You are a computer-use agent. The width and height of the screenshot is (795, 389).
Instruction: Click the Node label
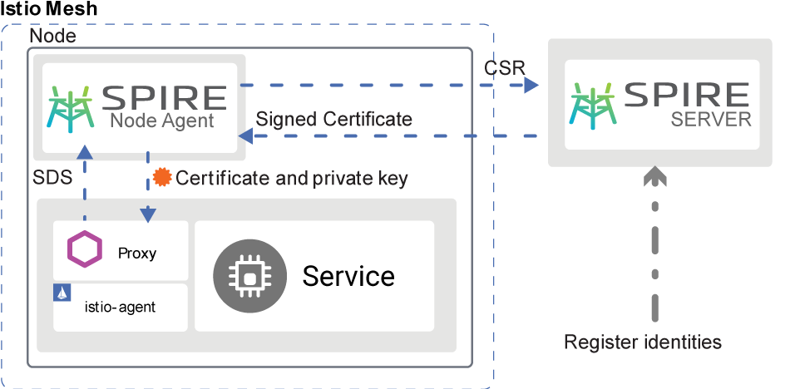point(52,37)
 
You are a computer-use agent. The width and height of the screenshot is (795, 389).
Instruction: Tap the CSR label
point(504,67)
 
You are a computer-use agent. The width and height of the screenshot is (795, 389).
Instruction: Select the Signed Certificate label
point(334,119)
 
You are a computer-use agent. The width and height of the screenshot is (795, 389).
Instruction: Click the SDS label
point(52,178)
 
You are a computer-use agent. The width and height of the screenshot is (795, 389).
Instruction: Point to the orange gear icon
point(163,177)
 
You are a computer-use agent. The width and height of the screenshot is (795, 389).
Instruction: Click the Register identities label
point(642,342)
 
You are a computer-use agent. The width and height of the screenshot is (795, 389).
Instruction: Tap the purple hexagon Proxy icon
point(84,249)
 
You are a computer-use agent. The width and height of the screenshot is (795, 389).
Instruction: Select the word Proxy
point(137,254)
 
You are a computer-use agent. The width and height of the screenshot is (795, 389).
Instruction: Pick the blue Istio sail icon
point(61,292)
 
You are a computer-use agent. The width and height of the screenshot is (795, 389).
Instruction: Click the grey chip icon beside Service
point(247,275)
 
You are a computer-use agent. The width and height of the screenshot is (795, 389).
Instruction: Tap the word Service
point(348,275)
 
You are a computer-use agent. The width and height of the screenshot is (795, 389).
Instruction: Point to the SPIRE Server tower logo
point(592,105)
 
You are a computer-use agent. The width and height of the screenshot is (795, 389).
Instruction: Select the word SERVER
point(710,119)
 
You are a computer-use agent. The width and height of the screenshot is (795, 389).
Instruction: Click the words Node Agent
point(162,121)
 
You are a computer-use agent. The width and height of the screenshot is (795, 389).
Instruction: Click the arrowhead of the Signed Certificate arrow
point(245,135)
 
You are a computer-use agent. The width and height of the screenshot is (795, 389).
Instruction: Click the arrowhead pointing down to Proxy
point(148,215)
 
